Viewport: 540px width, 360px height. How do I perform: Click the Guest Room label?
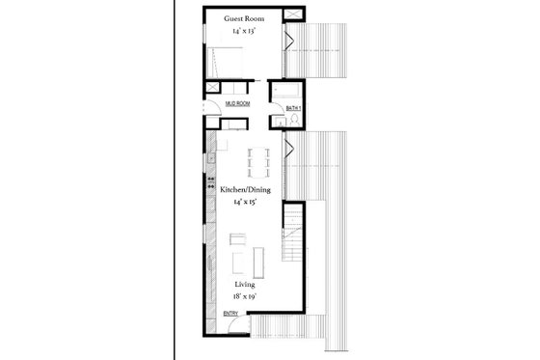244,19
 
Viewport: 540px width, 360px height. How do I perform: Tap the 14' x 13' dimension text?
244,31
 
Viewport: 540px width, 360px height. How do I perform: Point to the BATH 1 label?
294,109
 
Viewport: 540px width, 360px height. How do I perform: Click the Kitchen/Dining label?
245,190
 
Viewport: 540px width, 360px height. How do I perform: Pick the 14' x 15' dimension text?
245,204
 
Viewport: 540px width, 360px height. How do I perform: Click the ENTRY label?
231,314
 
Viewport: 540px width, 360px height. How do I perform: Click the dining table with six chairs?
256,162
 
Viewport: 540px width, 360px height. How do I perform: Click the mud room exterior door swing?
207,109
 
